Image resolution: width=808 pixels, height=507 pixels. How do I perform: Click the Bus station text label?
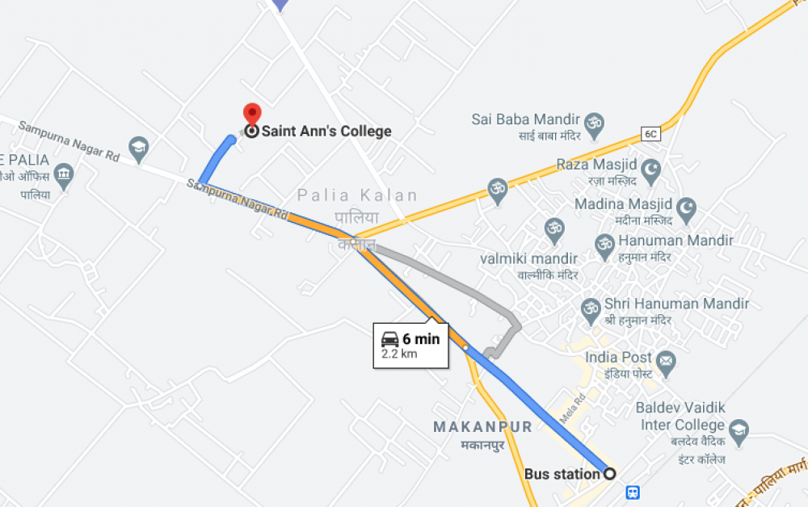(562, 474)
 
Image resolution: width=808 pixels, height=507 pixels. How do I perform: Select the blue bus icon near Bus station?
(633, 492)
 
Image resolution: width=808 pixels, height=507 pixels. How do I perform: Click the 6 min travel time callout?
(410, 346)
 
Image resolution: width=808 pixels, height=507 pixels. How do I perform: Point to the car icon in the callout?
(390, 339)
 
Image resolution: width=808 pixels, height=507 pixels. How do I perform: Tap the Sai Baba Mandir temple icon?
(595, 122)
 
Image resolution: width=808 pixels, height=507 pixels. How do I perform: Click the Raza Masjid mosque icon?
(651, 170)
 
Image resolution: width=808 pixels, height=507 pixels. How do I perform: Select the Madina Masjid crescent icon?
(685, 208)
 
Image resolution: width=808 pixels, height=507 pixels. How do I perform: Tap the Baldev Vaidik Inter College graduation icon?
(738, 431)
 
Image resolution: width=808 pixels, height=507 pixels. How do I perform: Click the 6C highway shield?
(651, 133)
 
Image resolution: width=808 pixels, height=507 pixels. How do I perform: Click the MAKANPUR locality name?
(482, 427)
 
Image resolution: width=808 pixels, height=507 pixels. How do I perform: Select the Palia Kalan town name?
(357, 195)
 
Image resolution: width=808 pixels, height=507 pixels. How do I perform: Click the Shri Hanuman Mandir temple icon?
(591, 308)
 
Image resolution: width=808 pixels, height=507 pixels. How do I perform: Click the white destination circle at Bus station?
(610, 474)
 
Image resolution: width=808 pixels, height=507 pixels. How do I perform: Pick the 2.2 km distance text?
(399, 354)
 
